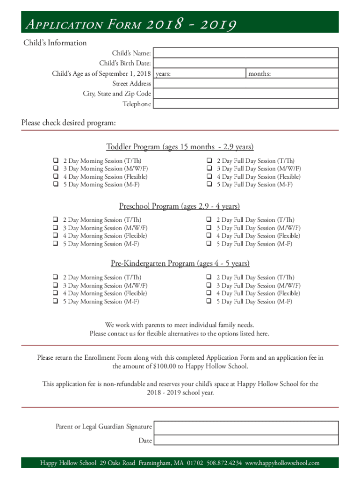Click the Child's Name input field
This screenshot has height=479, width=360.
(245, 53)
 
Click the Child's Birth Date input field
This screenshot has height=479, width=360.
(245, 63)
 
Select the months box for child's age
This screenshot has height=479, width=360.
(292, 73)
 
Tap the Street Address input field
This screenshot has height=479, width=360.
(245, 84)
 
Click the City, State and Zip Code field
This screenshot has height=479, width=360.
(245, 94)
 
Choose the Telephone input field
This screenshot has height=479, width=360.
(245, 104)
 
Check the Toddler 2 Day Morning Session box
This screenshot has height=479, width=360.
(55, 160)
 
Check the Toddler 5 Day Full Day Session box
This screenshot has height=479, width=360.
(209, 184)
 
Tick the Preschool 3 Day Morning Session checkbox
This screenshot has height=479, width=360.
(55, 228)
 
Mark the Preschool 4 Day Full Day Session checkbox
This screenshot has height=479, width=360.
(209, 236)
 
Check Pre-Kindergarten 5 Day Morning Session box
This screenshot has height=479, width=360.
(55, 301)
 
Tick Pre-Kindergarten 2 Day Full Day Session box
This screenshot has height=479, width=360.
(209, 277)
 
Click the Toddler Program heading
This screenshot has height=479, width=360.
(180, 147)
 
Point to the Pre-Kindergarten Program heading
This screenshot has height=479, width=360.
(180, 263)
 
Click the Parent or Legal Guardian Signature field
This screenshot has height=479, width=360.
(245, 427)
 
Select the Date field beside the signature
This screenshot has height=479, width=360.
(245, 440)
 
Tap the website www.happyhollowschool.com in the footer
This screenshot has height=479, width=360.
(282, 463)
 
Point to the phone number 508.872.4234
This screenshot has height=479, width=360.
(224, 463)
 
